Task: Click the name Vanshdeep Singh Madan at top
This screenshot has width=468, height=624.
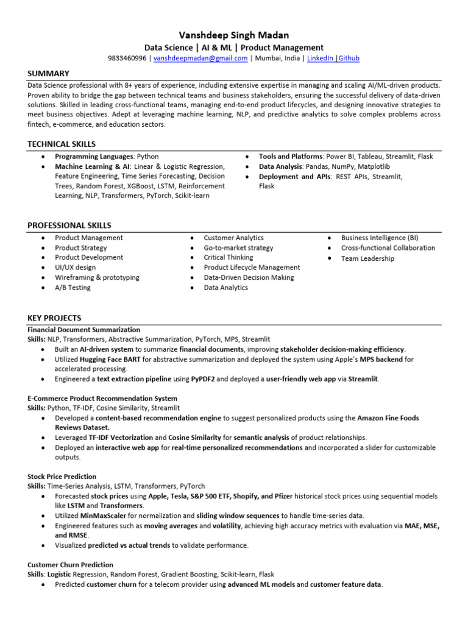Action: point(233,35)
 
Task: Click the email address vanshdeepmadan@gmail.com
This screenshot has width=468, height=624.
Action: point(200,58)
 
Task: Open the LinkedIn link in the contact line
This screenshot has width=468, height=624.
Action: point(321,58)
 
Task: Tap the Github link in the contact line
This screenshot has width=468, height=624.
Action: point(349,58)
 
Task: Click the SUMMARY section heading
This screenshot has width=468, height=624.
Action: point(48,74)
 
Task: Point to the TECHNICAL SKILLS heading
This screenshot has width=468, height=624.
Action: point(62,144)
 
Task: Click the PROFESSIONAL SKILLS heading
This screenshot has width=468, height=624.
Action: point(69,225)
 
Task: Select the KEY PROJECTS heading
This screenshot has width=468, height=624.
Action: point(54,318)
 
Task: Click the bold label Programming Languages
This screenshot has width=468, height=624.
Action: point(94,157)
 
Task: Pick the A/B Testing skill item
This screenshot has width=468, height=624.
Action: point(73,288)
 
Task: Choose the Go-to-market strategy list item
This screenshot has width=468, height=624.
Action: point(238,248)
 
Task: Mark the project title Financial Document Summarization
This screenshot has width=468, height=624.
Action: point(83,330)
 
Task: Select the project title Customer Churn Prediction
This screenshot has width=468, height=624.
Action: point(70,565)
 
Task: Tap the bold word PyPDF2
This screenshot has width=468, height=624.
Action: point(206,379)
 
